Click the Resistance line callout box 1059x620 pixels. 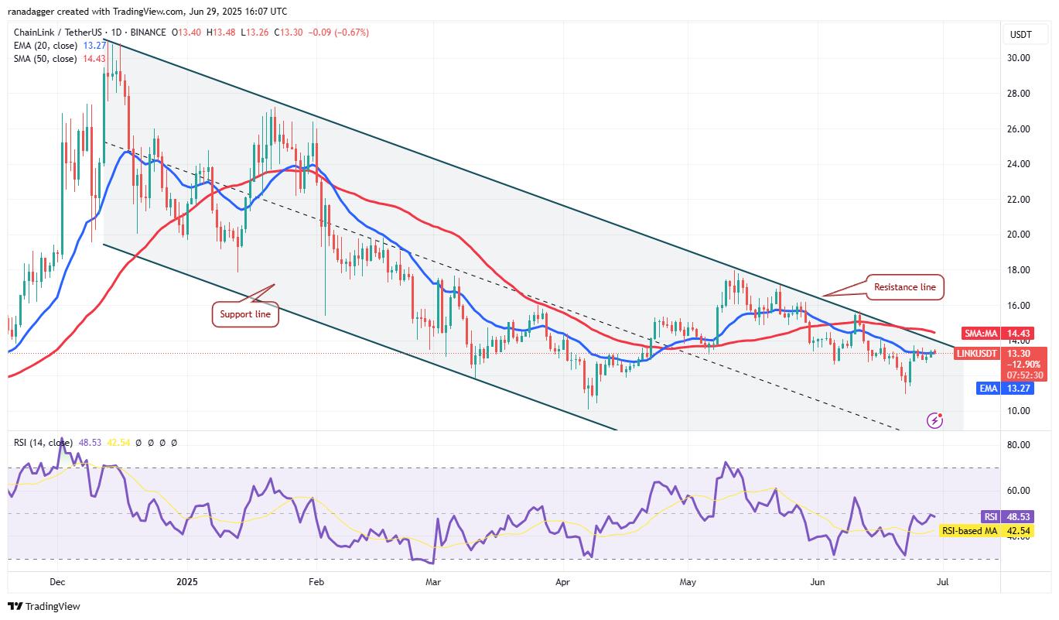[904, 286]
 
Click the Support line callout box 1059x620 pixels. [244, 314]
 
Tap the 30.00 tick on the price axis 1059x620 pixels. [1017, 58]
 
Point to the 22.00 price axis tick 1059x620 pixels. [1017, 200]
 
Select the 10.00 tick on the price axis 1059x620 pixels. [1017, 411]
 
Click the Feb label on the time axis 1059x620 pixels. [316, 580]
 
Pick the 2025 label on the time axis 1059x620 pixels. [186, 580]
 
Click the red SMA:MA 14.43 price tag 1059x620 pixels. [1003, 333]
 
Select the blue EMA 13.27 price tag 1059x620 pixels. [1003, 389]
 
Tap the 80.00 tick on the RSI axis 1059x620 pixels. [1017, 445]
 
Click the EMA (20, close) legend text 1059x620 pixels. [45, 46]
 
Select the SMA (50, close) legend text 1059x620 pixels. [45, 59]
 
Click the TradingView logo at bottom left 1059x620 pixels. [44, 606]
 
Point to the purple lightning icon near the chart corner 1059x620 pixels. [935, 420]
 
